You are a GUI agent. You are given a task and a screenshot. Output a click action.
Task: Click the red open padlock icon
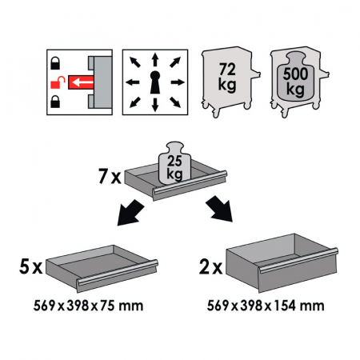pyautogui.click(x=58, y=82)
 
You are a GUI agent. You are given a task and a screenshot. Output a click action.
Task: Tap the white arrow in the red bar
pyautogui.click(x=83, y=82)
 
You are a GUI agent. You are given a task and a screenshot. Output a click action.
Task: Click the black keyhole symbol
pyautogui.click(x=155, y=82)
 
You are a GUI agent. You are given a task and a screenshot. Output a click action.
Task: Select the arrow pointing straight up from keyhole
pyautogui.click(x=155, y=60)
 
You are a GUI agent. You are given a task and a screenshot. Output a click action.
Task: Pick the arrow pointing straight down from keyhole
pyautogui.click(x=155, y=105)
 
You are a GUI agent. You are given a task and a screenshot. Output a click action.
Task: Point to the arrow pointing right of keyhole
pyautogui.click(x=178, y=82)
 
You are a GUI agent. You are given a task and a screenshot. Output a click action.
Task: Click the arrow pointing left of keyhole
pyautogui.click(x=133, y=82)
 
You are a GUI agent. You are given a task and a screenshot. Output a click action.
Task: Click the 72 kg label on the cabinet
pyautogui.click(x=227, y=78)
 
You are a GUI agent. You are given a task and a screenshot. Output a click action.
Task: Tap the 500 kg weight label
pyautogui.click(x=295, y=82)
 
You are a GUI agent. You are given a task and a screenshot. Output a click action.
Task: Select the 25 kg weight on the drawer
pyautogui.click(x=174, y=162)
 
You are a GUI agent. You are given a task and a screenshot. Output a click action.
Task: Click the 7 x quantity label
pyautogui.click(x=110, y=176)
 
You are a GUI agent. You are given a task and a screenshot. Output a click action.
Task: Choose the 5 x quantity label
pyautogui.click(x=31, y=266)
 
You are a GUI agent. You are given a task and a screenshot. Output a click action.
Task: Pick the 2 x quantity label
pyautogui.click(x=210, y=267)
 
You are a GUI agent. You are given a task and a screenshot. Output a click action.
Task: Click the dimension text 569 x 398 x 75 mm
pyautogui.click(x=88, y=306)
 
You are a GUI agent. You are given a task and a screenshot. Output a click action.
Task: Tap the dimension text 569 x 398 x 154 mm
pyautogui.click(x=266, y=306)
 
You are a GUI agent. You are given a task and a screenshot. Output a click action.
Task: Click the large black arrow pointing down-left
pyautogui.click(x=130, y=213)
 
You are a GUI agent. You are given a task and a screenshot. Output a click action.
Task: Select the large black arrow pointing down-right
pyautogui.click(x=219, y=209)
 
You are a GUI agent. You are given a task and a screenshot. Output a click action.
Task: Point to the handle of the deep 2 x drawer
pyautogui.click(x=298, y=260)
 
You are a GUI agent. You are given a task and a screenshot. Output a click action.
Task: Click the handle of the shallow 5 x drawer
pyautogui.click(x=118, y=272)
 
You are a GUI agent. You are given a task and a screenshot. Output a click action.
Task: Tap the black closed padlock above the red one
pyautogui.click(x=55, y=63)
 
